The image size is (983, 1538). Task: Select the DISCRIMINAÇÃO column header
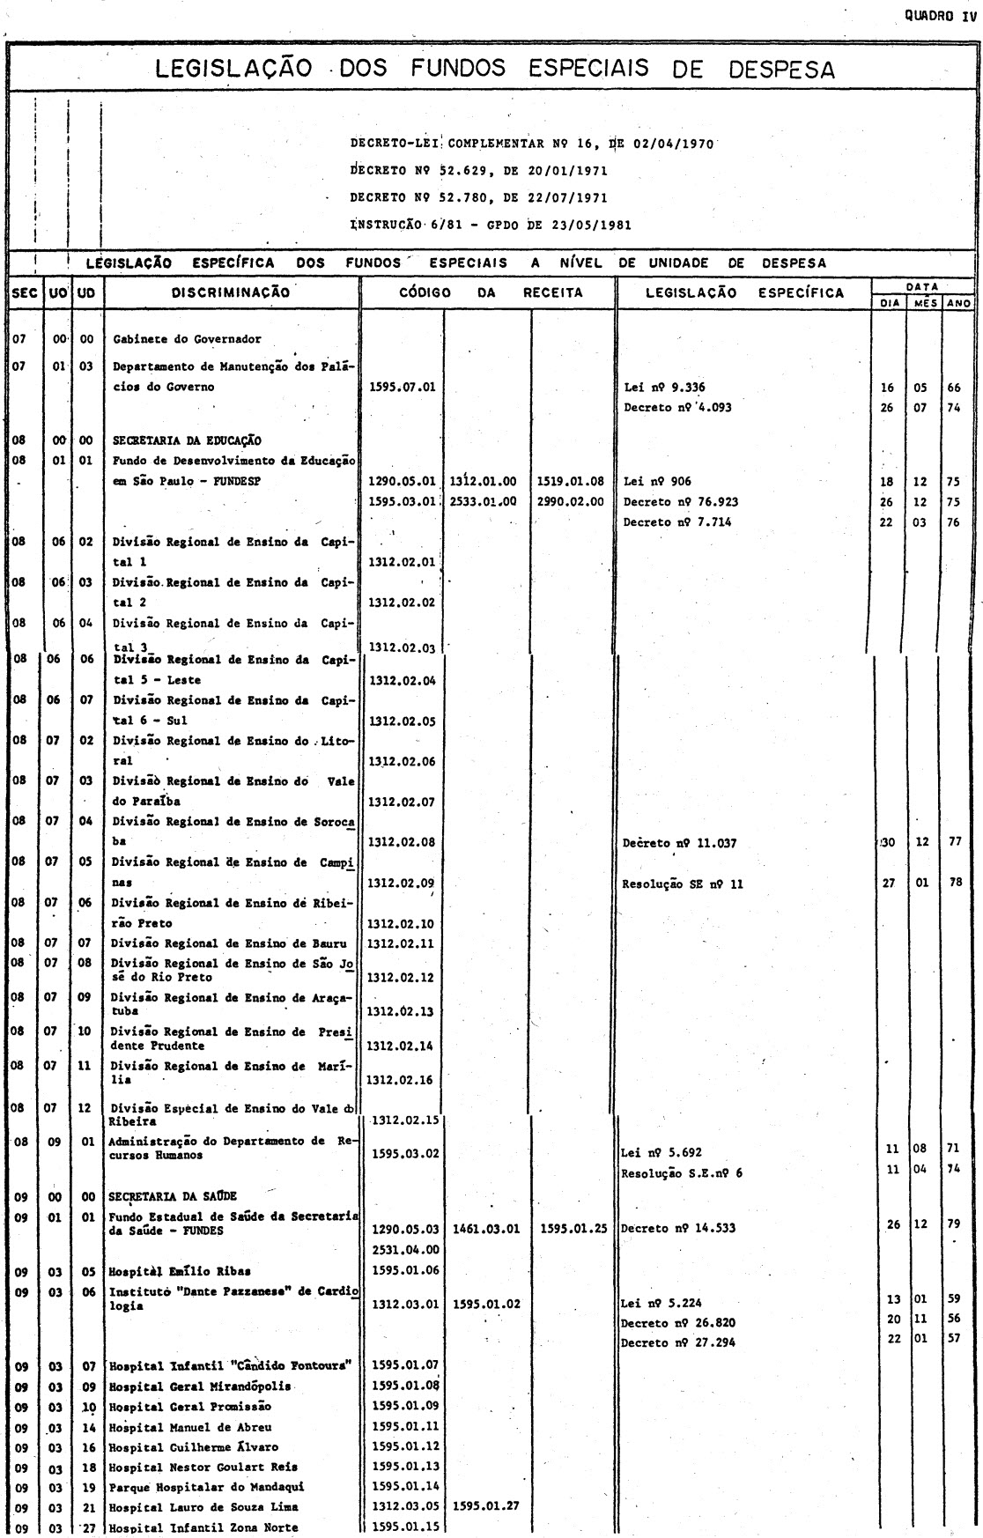[232, 292]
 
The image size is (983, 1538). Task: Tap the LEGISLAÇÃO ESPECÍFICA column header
[744, 292]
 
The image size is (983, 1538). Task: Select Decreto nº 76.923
[681, 502]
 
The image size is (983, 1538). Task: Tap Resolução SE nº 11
[684, 884]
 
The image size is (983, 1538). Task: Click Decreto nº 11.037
[680, 843]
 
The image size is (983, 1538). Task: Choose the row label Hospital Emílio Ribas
[180, 1270]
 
